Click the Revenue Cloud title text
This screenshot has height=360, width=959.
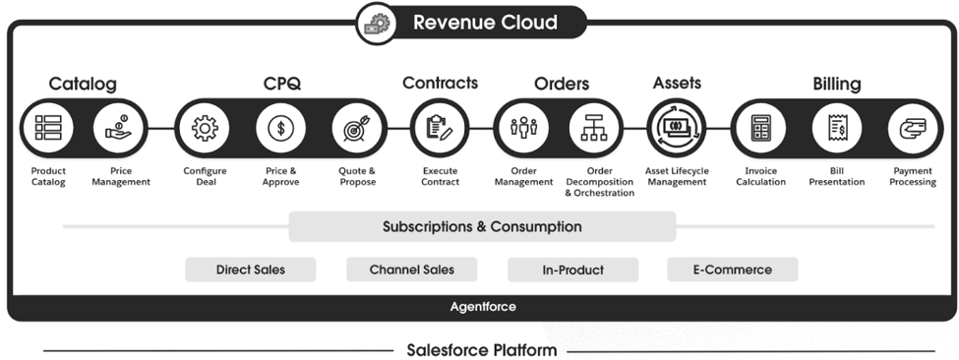pyautogui.click(x=485, y=22)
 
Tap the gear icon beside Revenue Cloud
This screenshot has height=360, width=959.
pyautogui.click(x=374, y=23)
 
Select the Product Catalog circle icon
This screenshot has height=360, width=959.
pyautogui.click(x=47, y=128)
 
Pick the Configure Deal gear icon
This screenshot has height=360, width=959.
pyautogui.click(x=205, y=128)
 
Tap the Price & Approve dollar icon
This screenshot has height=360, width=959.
pyautogui.click(x=280, y=128)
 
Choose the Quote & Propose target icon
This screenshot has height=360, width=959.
pyautogui.click(x=356, y=128)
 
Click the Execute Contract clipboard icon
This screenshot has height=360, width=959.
pyautogui.click(x=439, y=128)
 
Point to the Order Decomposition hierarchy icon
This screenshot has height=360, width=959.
pyautogui.click(x=594, y=128)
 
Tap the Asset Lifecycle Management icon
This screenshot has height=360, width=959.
pyautogui.click(x=676, y=128)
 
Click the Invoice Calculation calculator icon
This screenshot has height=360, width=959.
pyautogui.click(x=760, y=128)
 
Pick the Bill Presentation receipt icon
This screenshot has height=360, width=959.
pyautogui.click(x=837, y=128)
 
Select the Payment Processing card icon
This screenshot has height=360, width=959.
pyautogui.click(x=912, y=128)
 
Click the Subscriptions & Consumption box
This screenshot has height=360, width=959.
pyautogui.click(x=482, y=227)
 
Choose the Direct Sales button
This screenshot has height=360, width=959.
pyautogui.click(x=250, y=270)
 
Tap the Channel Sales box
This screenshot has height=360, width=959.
pyautogui.click(x=411, y=270)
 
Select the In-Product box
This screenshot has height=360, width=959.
pyautogui.click(x=572, y=270)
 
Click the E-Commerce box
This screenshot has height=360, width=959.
pyautogui.click(x=732, y=270)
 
